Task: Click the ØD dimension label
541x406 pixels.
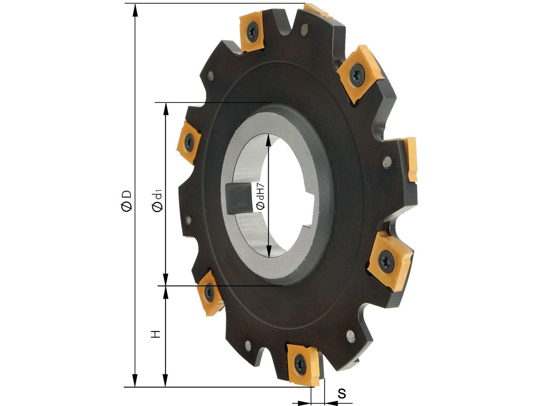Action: tap(127, 201)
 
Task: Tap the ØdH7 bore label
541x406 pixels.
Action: tap(261, 197)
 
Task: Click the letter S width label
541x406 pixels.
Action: tap(342, 393)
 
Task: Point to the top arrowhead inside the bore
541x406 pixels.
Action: tap(269, 141)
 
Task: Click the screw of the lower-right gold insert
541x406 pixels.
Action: tap(386, 261)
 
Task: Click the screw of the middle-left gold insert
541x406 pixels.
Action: tap(189, 142)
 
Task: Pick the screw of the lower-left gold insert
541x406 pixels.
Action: tap(209, 292)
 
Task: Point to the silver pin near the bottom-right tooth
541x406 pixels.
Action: tap(351, 336)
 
